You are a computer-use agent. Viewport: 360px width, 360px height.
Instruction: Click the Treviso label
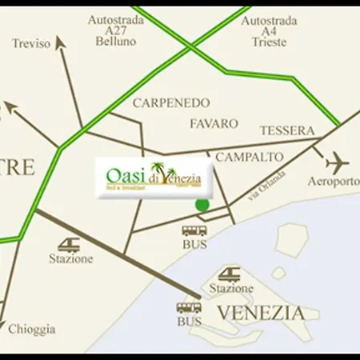[31, 44]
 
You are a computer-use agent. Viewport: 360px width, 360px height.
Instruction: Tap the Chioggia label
[32, 329]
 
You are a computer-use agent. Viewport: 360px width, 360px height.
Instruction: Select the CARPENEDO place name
[171, 103]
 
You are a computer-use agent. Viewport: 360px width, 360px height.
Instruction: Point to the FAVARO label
[214, 124]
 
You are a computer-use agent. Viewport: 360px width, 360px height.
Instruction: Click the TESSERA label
[287, 130]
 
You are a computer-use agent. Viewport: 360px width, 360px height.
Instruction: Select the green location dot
[202, 206]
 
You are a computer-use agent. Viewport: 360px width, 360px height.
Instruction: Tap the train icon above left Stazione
[70, 245]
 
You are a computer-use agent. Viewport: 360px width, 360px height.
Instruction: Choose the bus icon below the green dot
[194, 231]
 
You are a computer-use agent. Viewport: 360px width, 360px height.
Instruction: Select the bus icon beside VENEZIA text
[189, 307]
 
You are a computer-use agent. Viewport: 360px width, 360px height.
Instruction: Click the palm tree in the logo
[157, 170]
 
